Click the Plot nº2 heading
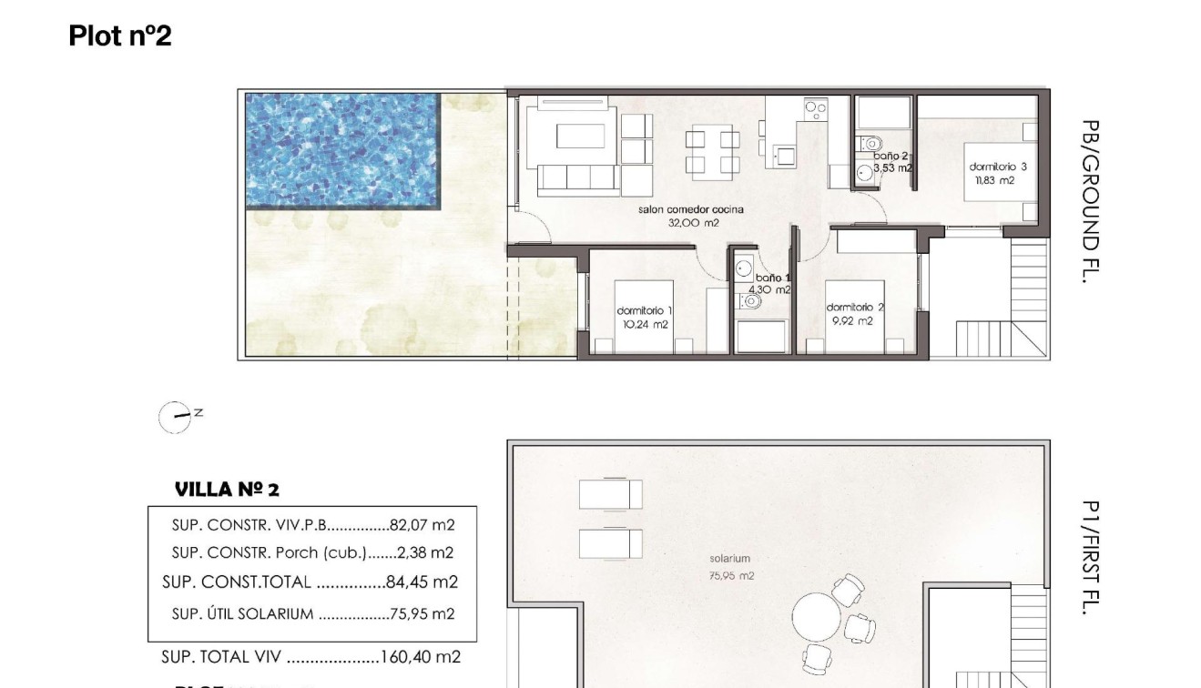[x=119, y=35]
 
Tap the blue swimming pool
[x=341, y=149]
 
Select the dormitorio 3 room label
[x=998, y=167]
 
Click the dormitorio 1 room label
[x=644, y=311]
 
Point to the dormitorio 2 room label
[x=854, y=308]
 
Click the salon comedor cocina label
[x=690, y=209]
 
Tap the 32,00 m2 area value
[x=690, y=221]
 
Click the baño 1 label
[x=773, y=278]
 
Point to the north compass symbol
[x=175, y=417]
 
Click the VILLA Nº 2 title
[x=227, y=490]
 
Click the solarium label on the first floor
[x=730, y=558]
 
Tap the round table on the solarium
[x=817, y=619]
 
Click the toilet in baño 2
[x=870, y=144]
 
